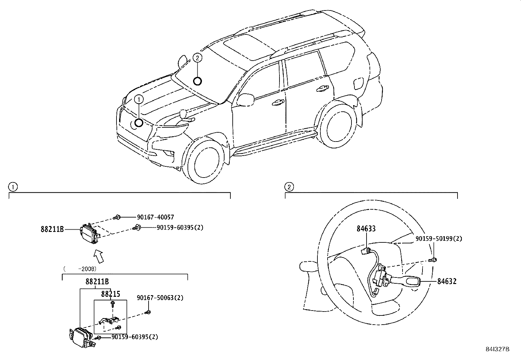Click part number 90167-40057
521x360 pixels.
click(155, 217)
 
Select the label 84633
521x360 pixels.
click(366, 229)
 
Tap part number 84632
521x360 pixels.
click(447, 281)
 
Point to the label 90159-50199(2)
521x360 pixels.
click(439, 239)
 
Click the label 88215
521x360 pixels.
click(111, 294)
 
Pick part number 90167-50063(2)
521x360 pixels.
click(160, 298)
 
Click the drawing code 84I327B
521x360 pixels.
click(497, 349)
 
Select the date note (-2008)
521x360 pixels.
click(80, 269)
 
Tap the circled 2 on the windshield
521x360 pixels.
click(197, 58)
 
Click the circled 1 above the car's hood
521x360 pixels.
click(139, 100)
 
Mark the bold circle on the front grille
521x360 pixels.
click(139, 123)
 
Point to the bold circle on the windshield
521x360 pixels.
click(197, 81)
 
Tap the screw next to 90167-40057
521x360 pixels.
click(117, 218)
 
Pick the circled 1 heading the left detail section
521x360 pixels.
click(13, 187)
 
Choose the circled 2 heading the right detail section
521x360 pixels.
click(289, 187)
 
